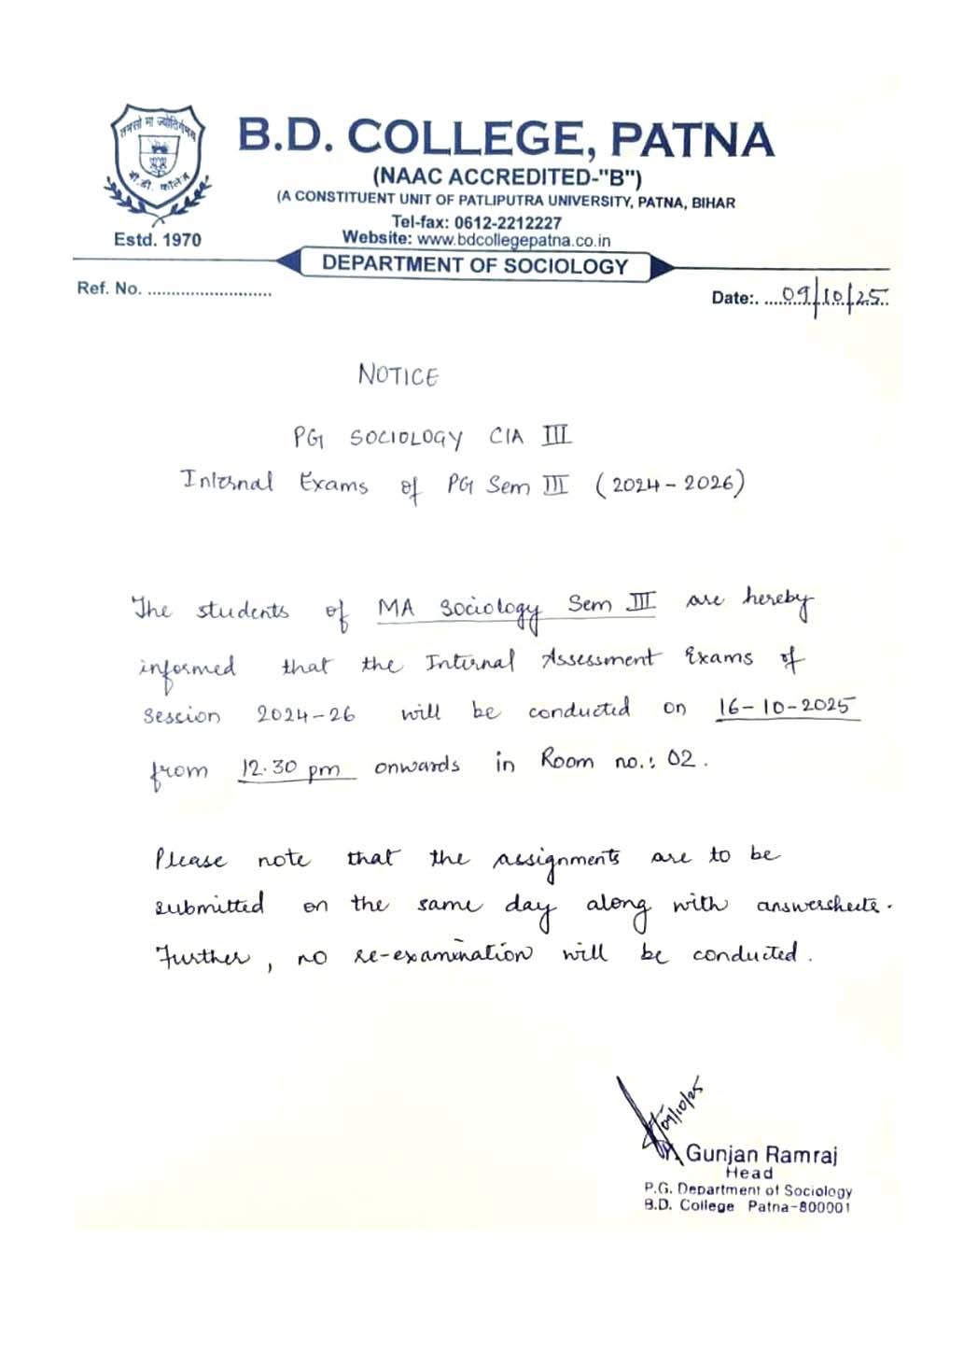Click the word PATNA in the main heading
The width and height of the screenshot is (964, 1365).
(692, 140)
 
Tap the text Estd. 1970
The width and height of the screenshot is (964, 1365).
(157, 239)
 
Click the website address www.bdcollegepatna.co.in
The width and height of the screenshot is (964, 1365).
(513, 240)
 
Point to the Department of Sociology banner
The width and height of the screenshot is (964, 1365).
(475, 265)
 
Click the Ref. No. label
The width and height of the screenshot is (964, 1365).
(108, 288)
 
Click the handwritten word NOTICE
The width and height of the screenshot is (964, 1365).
(398, 375)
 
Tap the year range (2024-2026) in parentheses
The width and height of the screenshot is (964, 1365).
(670, 484)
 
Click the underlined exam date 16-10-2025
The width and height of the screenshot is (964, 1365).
(786, 706)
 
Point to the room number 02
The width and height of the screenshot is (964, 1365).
(681, 759)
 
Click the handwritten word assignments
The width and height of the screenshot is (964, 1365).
(556, 859)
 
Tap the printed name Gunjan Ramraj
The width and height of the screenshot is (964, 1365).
(761, 1154)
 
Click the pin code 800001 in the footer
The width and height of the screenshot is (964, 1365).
(822, 1206)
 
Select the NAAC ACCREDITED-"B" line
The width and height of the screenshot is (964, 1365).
(507, 176)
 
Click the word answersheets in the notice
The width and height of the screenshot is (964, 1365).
(817, 905)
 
